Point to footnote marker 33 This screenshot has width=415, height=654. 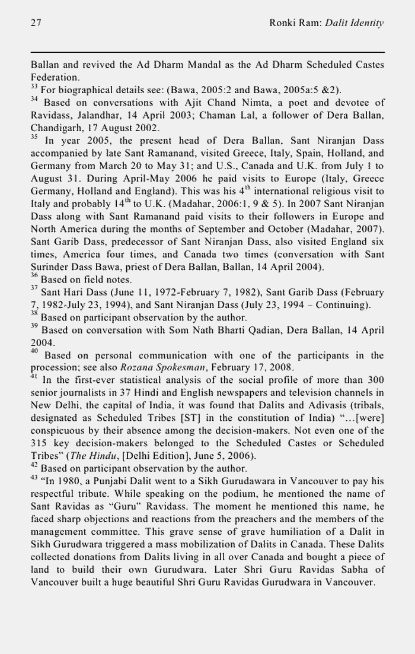(34, 88)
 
